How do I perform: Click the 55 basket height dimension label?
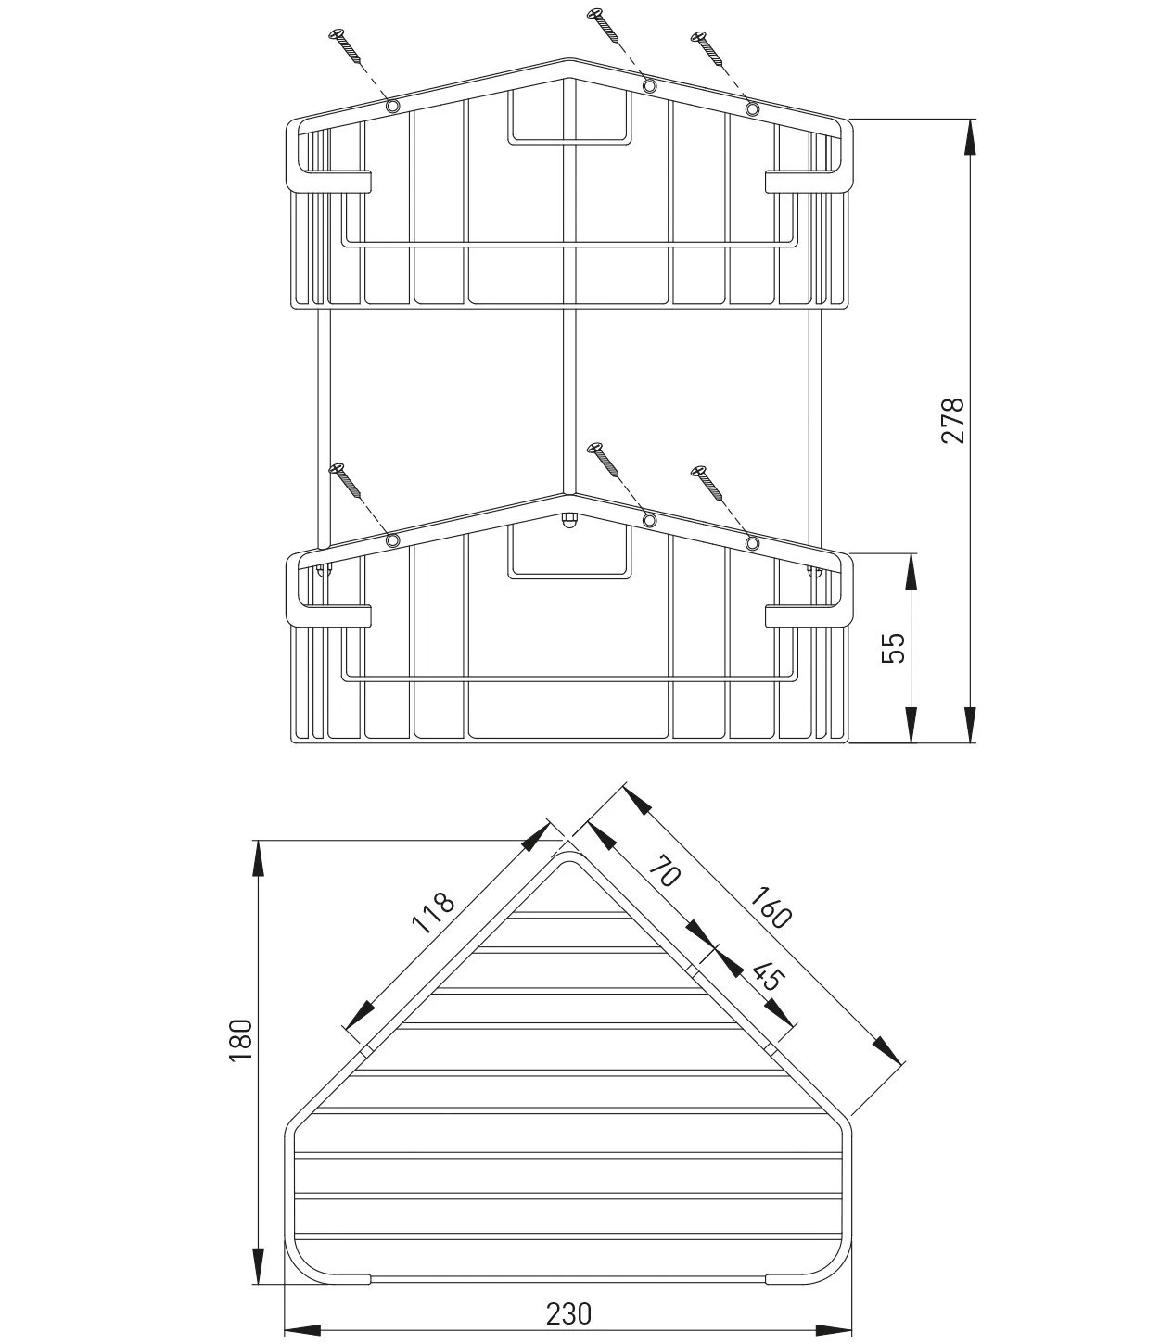tap(892, 647)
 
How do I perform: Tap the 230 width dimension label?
tap(567, 1313)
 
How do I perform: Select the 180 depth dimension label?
tap(240, 1039)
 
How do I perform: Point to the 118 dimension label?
tap(434, 914)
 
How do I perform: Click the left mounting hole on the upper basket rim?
tap(392, 106)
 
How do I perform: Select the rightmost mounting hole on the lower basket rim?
tap(752, 542)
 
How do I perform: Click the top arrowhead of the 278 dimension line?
tap(969, 135)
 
